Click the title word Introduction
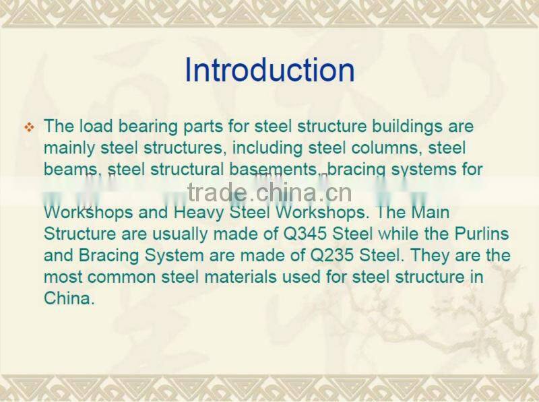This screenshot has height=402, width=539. click(x=269, y=71)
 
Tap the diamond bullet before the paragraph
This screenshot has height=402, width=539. click(x=29, y=127)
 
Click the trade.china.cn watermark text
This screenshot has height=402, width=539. click(x=269, y=193)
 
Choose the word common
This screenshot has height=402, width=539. click(x=117, y=277)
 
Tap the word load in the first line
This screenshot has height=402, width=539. click(x=92, y=127)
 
